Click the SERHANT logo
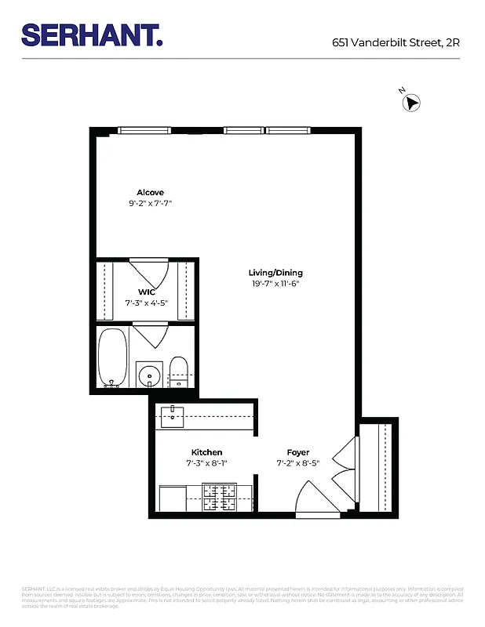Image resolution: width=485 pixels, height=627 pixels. click(92, 34)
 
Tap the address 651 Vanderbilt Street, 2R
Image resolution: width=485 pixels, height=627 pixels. click(396, 43)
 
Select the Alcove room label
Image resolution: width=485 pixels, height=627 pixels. click(150, 193)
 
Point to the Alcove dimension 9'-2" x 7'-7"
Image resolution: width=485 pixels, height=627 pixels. click(150, 204)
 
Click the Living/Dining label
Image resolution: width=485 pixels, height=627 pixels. click(270, 273)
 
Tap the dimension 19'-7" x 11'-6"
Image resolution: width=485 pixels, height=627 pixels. click(270, 284)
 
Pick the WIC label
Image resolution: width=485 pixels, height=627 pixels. click(146, 292)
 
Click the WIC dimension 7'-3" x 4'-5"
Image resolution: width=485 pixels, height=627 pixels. click(146, 303)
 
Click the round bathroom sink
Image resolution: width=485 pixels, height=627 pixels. click(149, 375)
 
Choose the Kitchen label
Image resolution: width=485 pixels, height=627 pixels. click(206, 452)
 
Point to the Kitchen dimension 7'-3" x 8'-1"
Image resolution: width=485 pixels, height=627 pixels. click(206, 463)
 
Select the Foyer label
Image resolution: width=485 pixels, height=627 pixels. click(297, 452)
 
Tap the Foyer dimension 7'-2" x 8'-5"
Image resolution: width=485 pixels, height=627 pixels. click(297, 463)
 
